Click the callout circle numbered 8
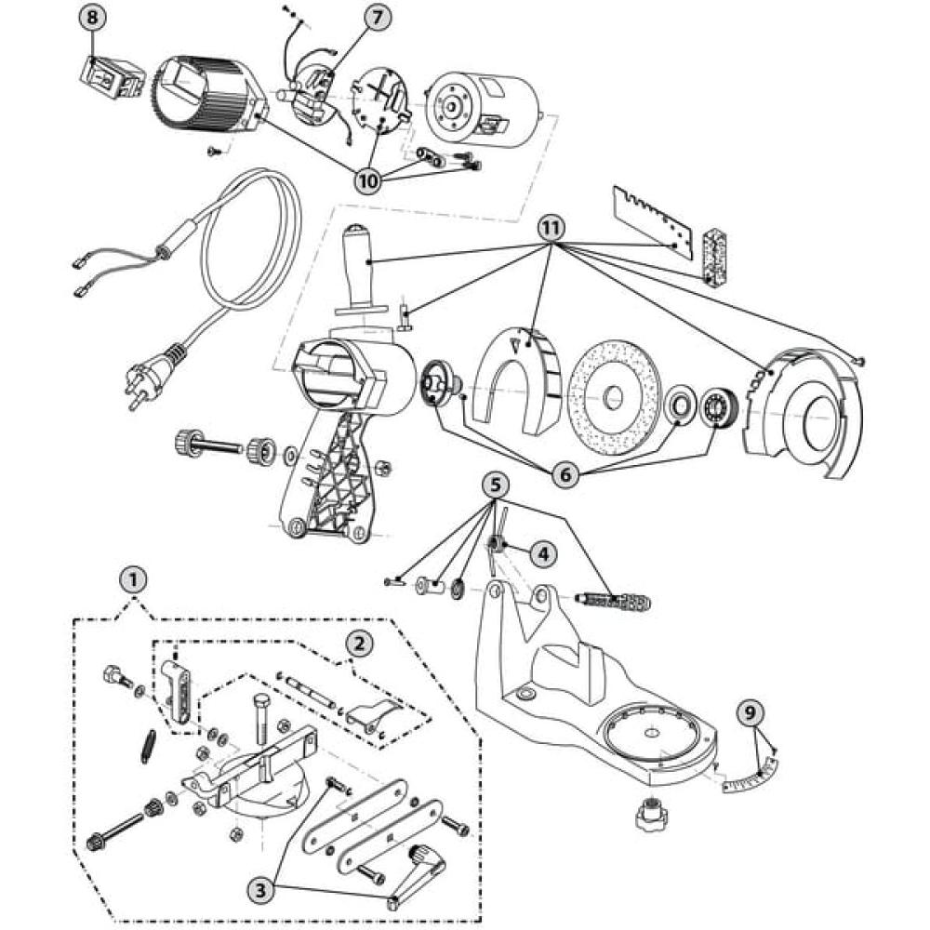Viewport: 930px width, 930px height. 92,17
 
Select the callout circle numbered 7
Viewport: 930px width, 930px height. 376,18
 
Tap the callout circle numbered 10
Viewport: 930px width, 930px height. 368,180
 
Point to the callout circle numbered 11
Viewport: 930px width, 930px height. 551,228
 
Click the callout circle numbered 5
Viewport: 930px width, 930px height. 496,485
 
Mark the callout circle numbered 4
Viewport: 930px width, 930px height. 543,554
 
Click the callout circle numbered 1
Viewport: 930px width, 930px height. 133,578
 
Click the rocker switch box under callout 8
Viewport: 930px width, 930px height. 113,76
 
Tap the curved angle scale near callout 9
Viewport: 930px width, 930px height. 751,773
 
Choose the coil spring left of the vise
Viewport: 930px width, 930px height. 149,747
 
